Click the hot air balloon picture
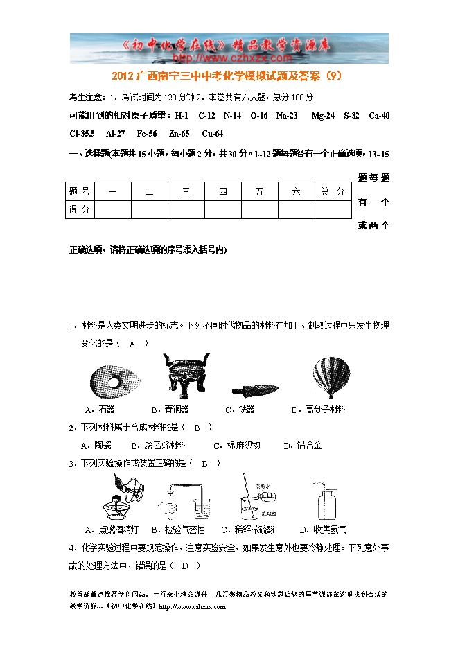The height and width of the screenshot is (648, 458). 331,376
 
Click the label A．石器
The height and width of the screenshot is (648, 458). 99,410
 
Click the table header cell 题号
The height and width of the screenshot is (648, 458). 80,192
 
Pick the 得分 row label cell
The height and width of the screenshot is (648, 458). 80,209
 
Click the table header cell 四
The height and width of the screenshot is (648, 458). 223,192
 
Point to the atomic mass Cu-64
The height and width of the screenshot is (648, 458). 212,134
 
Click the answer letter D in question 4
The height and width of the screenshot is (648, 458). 184,566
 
